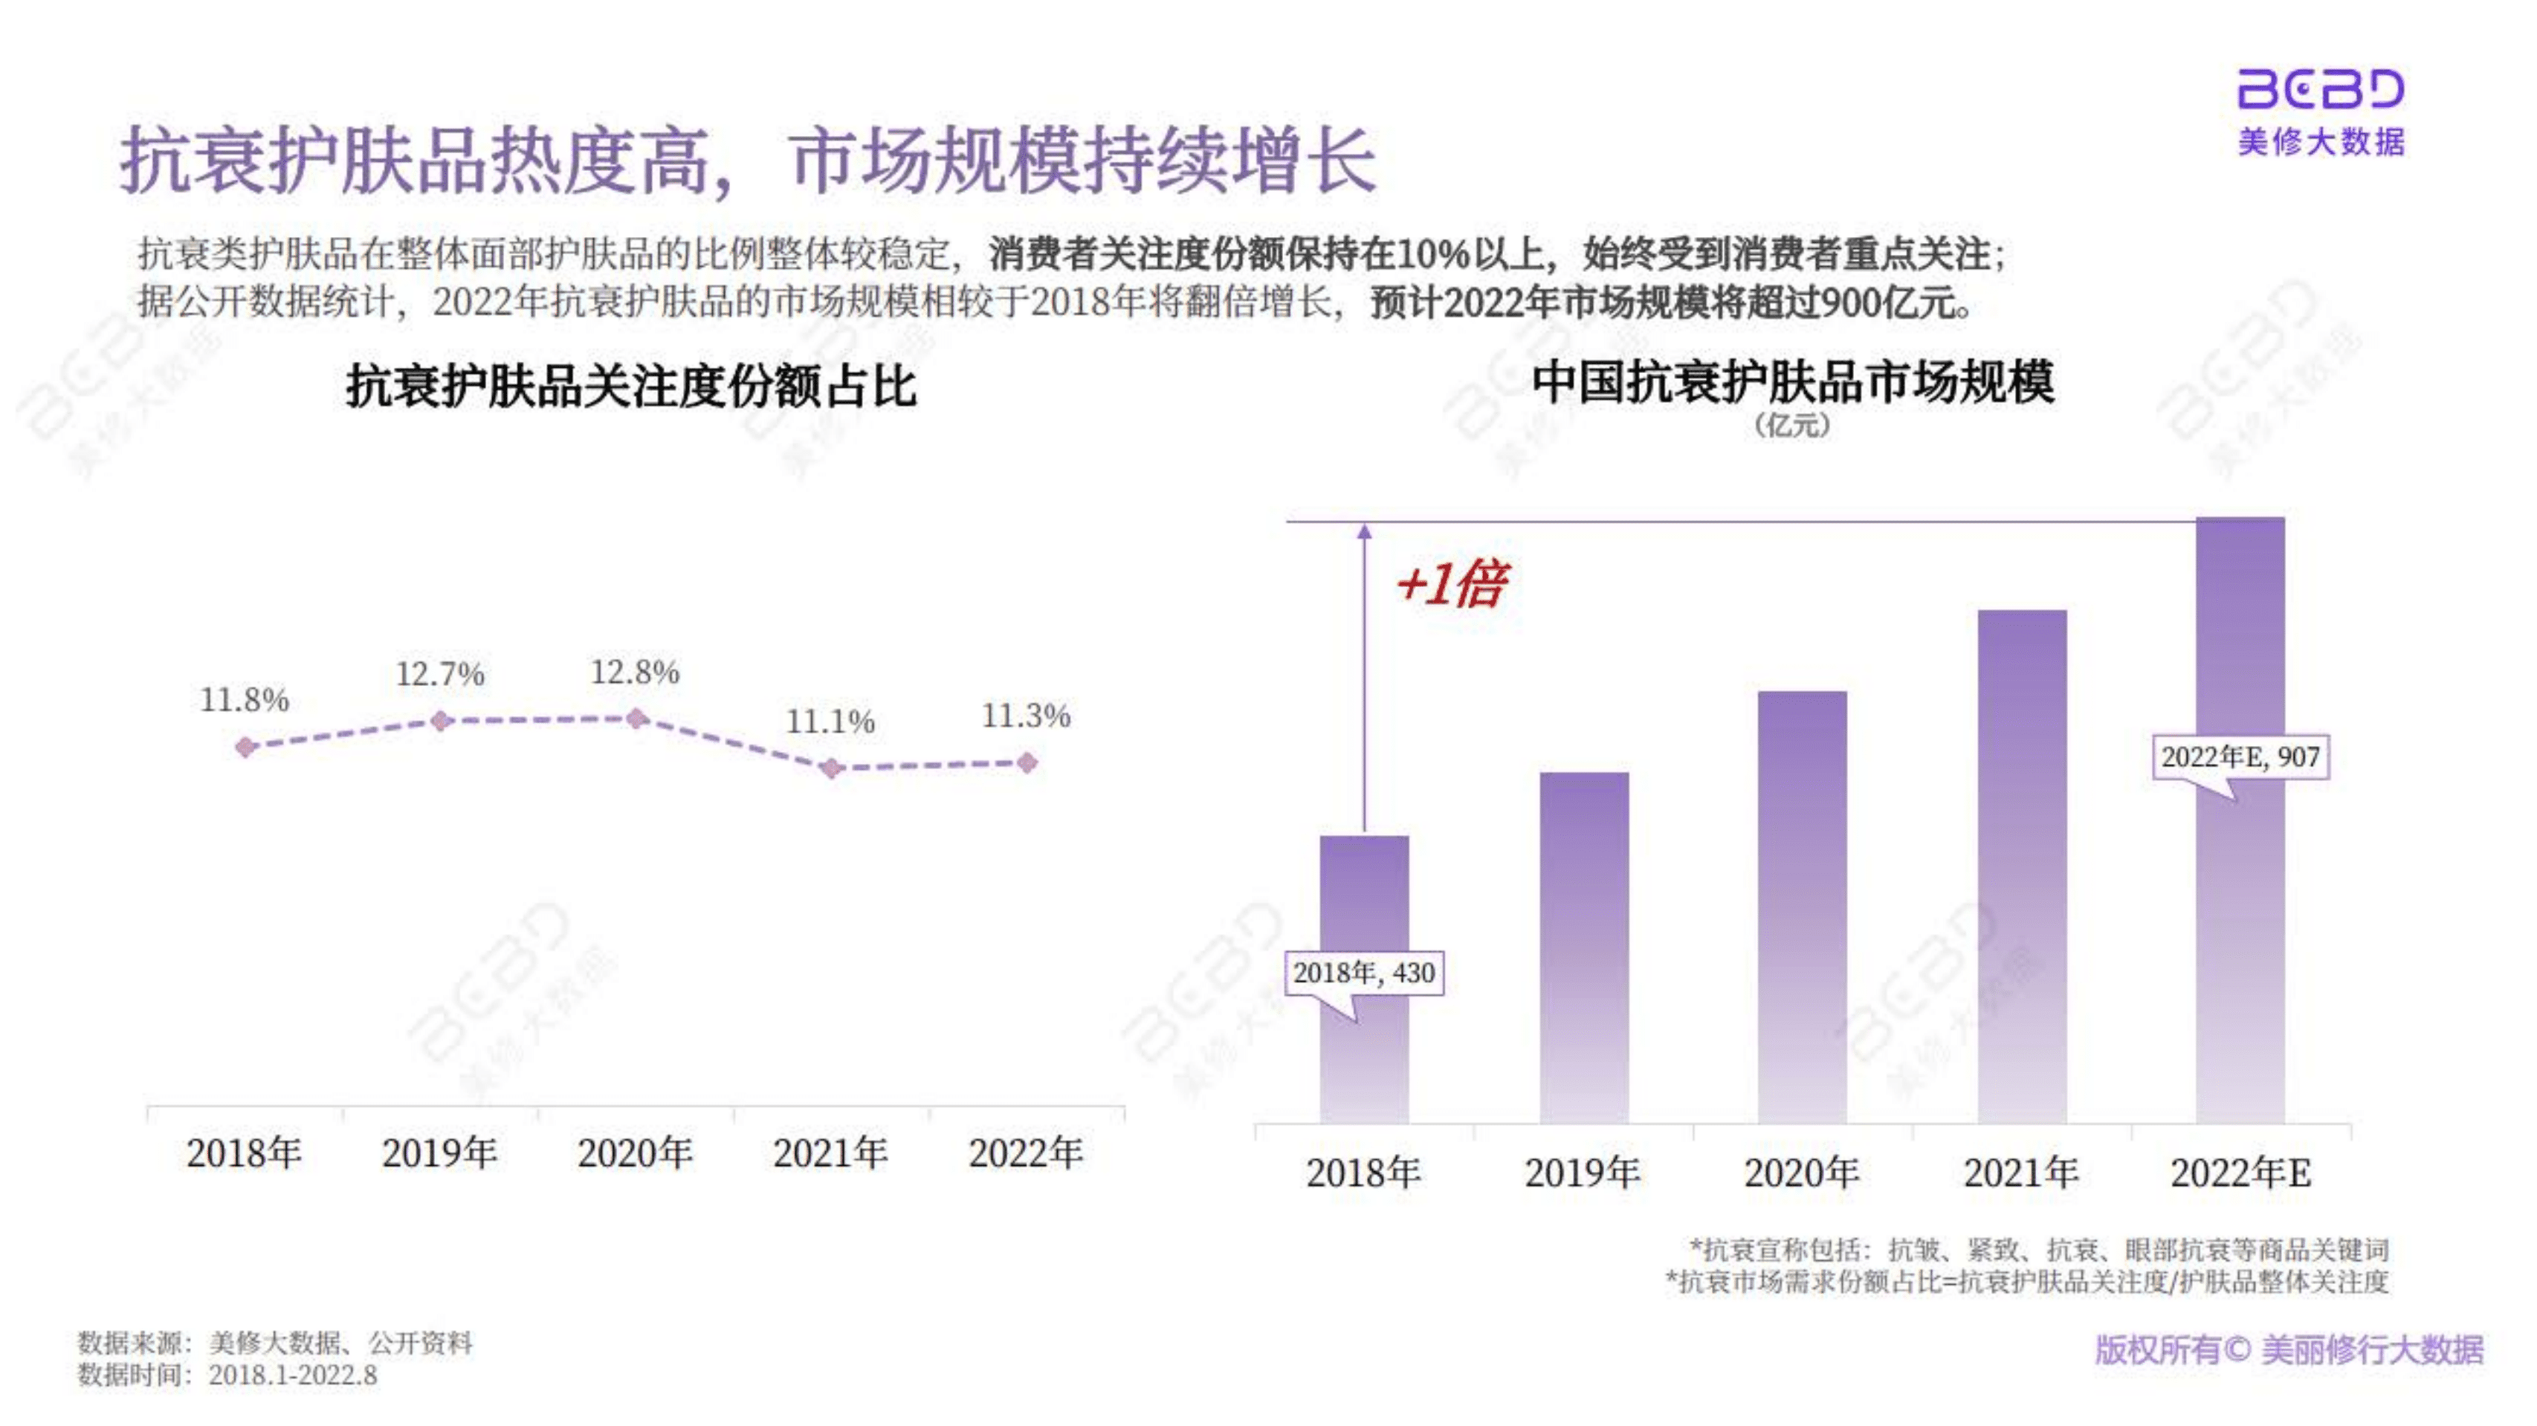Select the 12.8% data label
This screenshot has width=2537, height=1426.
[636, 673]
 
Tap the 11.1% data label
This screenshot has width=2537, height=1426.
[830, 722]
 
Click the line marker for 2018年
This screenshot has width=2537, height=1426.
[246, 748]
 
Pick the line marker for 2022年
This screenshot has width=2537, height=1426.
[1027, 762]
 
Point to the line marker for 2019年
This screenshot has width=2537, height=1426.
[442, 721]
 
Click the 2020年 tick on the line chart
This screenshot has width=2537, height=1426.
[636, 1153]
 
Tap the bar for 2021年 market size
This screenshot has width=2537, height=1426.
[2022, 866]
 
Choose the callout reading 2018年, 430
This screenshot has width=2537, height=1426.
[1364, 973]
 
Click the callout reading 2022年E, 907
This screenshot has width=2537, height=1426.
[2240, 757]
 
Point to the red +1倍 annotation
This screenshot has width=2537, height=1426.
[1451, 584]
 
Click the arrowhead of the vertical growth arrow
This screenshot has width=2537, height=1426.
[1364, 532]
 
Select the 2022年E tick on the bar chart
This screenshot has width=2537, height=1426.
[2240, 1173]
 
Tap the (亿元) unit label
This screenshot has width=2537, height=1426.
[1791, 426]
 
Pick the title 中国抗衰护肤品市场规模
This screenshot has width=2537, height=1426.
[1792, 382]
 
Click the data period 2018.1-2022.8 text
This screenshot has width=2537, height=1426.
[293, 1375]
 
